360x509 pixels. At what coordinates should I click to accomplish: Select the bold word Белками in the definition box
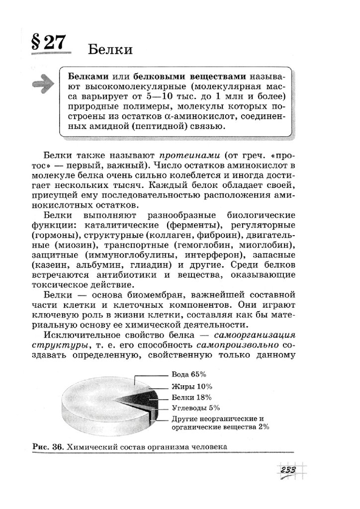tap(87, 77)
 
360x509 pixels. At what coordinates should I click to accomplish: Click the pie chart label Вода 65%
tap(189, 374)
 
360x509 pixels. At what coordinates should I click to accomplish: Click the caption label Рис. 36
tap(49, 447)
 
